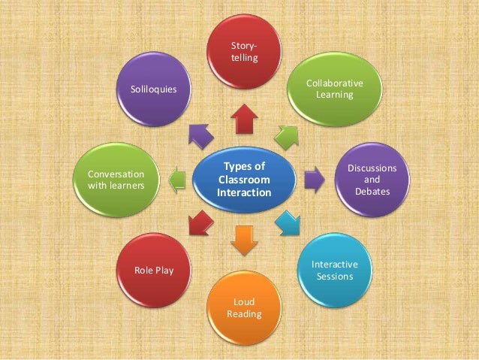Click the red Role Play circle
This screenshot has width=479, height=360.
(153, 269)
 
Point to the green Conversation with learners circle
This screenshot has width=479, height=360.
(116, 180)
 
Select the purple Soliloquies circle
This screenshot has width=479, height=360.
(153, 89)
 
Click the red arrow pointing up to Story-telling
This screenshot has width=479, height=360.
(243, 119)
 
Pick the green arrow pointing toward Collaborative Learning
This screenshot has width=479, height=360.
(286, 136)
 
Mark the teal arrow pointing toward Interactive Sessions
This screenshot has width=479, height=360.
(287, 222)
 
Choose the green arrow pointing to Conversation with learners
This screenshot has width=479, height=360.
(176, 180)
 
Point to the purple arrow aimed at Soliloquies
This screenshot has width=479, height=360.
(200, 136)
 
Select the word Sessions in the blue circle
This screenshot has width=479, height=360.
(334, 276)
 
